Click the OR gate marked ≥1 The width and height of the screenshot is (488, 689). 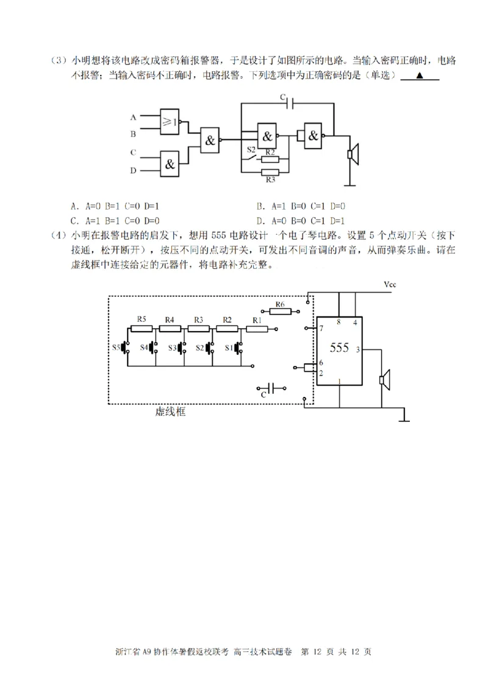[169, 122]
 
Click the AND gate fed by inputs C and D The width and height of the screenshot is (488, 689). [169, 163]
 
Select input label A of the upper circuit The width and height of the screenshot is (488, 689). [133, 116]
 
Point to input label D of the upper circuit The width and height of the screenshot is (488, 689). [133, 171]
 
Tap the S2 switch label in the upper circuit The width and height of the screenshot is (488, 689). [251, 149]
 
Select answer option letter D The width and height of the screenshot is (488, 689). [259, 221]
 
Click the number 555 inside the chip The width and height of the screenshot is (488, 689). [339, 348]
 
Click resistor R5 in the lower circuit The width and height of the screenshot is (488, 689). [142, 329]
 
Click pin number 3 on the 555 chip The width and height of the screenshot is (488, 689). [357, 349]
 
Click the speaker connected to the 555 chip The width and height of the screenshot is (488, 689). [384, 381]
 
